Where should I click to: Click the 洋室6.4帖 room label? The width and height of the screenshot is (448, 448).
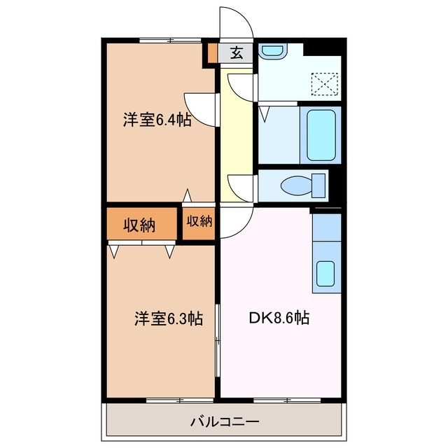[157, 120]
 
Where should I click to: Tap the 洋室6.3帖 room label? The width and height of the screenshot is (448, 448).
[168, 318]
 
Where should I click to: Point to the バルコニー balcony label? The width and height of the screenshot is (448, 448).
[224, 422]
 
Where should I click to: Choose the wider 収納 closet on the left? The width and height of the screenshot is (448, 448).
[140, 225]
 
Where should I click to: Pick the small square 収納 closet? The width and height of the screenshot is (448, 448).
[199, 222]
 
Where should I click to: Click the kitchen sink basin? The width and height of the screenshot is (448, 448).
[325, 273]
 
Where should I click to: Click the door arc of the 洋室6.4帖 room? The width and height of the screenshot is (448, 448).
[199, 108]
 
